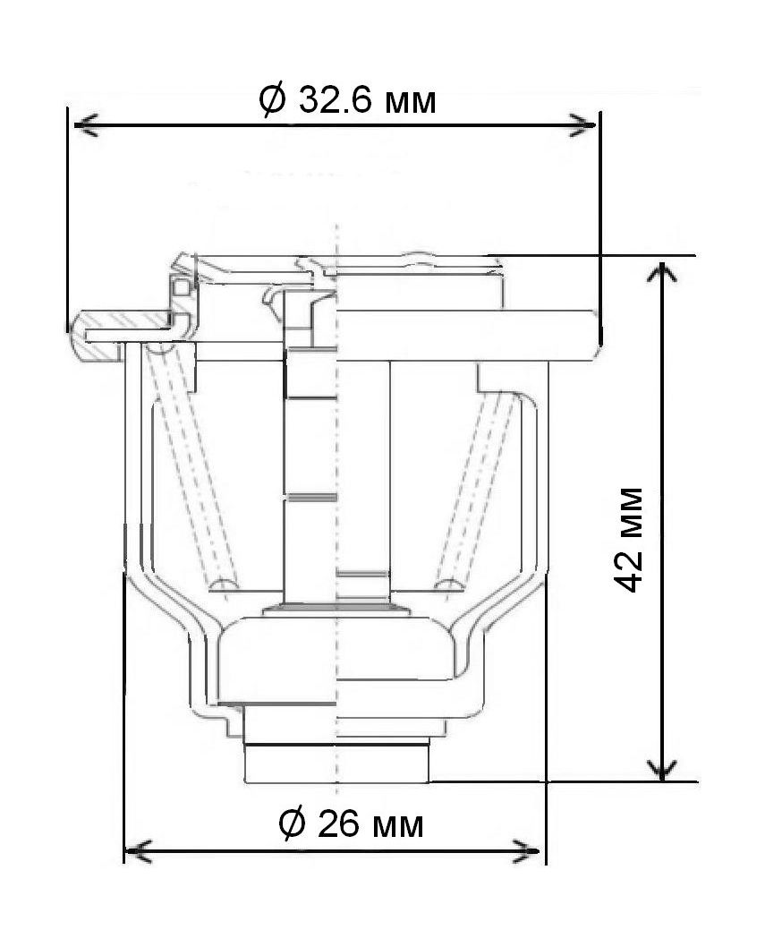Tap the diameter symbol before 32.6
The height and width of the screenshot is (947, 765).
pyautogui.click(x=272, y=99)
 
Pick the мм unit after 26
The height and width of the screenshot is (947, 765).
pyautogui.click(x=396, y=827)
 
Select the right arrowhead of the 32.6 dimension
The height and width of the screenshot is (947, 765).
pyautogui.click(x=582, y=125)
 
